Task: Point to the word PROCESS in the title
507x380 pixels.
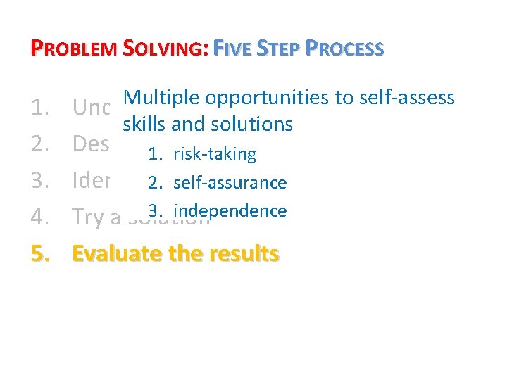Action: click(346, 49)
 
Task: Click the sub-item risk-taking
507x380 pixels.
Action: click(215, 154)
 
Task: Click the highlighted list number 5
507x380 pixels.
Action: click(41, 253)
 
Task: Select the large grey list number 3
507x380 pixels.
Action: click(40, 180)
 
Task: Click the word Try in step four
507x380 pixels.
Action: click(88, 217)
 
